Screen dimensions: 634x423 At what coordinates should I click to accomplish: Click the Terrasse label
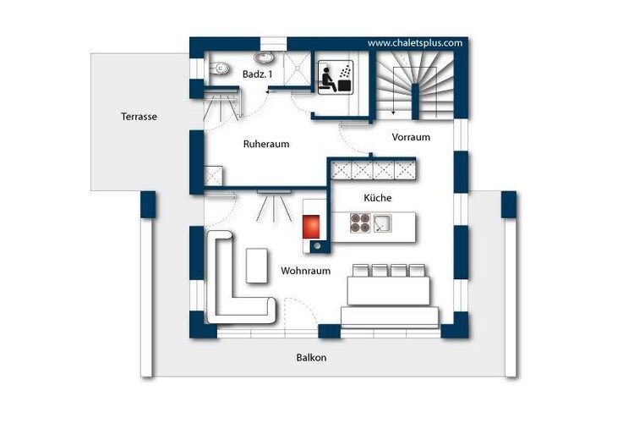139,117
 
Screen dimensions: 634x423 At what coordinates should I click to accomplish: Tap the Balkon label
311,357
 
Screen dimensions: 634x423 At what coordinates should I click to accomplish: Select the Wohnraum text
306,271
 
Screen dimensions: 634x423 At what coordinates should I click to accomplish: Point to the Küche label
378,197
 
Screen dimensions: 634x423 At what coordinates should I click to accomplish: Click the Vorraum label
411,137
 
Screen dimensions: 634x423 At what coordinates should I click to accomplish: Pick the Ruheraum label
266,144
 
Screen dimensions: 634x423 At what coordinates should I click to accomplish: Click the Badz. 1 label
257,74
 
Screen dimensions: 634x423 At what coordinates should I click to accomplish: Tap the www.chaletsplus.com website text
415,43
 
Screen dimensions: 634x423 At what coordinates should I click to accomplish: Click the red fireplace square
311,227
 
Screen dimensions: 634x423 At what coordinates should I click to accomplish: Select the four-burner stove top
360,223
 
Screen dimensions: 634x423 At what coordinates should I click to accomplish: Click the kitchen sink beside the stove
382,223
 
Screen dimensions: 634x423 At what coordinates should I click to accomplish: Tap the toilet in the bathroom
219,68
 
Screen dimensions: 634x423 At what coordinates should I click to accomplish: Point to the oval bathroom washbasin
265,58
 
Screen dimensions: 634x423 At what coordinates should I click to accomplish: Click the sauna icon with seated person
336,78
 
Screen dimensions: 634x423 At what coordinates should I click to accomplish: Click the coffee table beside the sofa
256,266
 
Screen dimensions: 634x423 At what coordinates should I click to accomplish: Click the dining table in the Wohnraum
388,290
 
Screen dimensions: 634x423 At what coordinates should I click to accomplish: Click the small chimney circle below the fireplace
317,245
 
